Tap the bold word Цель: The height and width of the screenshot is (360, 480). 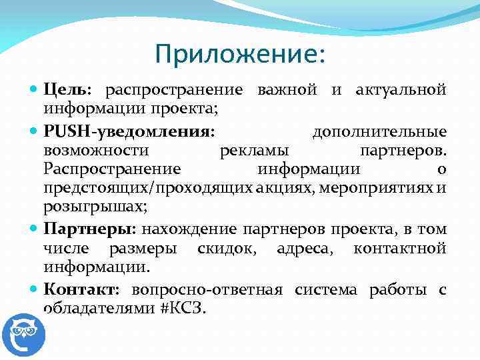70,89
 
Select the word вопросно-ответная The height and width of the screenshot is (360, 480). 207,289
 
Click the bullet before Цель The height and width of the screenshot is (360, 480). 35,89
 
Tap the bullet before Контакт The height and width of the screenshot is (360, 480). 35,289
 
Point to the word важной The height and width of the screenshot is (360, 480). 288,89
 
